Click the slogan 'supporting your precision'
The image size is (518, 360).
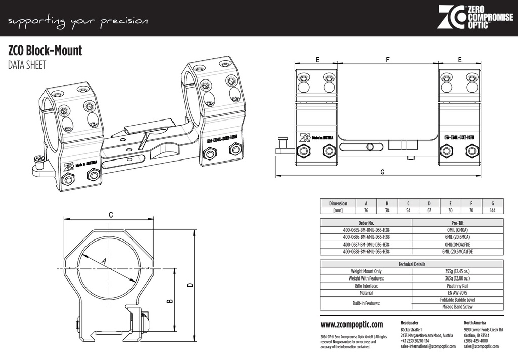tap(78, 21)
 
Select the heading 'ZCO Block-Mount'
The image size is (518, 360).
tap(45, 51)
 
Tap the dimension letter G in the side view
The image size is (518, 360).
tap(382, 172)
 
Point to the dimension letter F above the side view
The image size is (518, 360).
tap(387, 59)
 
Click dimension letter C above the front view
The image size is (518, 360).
tap(111, 214)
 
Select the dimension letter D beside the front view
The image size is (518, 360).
tap(190, 285)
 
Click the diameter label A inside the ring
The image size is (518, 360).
tap(104, 261)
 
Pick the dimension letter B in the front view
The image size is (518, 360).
tap(170, 301)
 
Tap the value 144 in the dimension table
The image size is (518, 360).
tap(492, 210)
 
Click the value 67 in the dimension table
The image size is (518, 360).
tap(429, 210)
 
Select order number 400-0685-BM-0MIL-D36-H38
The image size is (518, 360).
tap(366, 230)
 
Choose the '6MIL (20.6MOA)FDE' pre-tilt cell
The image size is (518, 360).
tap(458, 251)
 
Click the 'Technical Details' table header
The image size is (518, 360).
tap(412, 264)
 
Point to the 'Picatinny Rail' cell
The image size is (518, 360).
tap(458, 286)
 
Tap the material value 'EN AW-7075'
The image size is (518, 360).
tap(458, 293)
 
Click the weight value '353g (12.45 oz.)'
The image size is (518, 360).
tap(458, 271)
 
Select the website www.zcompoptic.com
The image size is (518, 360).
tap(352, 325)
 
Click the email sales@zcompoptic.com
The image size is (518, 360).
tap(481, 346)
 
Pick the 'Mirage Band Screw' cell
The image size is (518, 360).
tap(458, 307)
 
